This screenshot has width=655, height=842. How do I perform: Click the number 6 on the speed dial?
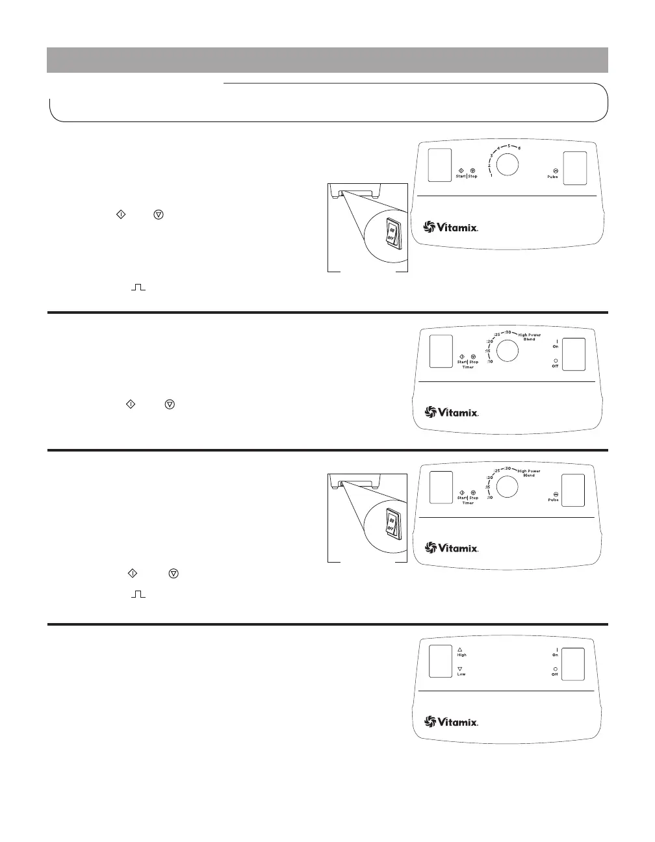(x=519, y=148)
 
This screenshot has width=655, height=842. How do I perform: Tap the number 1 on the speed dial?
(x=491, y=175)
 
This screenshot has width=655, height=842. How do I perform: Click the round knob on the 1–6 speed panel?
(x=508, y=164)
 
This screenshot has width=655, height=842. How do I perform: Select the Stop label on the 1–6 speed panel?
(x=472, y=177)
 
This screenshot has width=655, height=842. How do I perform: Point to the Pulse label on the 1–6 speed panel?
(x=552, y=177)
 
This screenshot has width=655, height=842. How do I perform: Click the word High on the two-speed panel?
(x=461, y=655)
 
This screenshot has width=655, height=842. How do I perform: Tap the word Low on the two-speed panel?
(x=461, y=674)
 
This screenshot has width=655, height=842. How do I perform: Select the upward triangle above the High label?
(x=459, y=648)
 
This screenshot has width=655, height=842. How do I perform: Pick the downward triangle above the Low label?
(x=459, y=668)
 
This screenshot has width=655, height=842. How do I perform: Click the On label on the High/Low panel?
(x=556, y=655)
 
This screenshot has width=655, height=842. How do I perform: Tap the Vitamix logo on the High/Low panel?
(x=452, y=722)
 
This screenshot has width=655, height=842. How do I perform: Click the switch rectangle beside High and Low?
(x=441, y=662)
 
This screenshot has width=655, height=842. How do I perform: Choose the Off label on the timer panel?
(x=556, y=366)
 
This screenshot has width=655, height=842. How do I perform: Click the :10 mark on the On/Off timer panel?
(x=489, y=361)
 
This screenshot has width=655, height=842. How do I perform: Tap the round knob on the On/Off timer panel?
(x=507, y=351)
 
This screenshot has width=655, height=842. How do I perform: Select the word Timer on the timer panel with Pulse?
(x=468, y=503)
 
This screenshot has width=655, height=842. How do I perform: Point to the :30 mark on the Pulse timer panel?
(x=507, y=469)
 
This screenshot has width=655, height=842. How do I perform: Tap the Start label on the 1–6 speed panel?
(x=460, y=177)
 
